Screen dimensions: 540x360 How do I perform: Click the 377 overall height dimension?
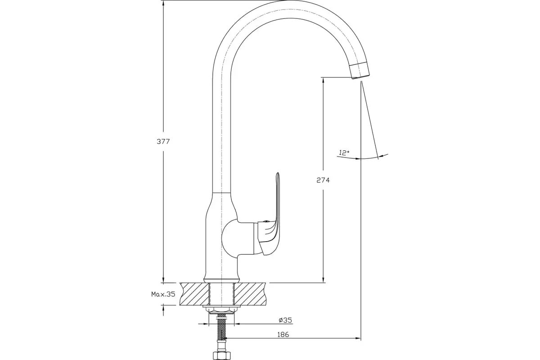coord(163,142)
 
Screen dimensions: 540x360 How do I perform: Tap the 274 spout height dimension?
coord(323,180)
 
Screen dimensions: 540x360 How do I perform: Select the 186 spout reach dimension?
coord(283,334)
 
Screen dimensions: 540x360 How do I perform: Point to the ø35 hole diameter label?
coord(285,320)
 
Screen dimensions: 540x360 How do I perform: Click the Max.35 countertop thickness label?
coord(163,294)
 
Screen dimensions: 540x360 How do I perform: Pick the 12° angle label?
coord(345,153)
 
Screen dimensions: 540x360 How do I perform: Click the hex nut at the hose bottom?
coord(222,355)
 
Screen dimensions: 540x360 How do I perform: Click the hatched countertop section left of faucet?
coord(194,294)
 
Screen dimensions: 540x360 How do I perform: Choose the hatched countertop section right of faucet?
coord(250,294)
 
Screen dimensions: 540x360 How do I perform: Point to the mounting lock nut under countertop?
coord(222,310)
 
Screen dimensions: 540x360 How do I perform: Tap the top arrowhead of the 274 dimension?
coord(323,81)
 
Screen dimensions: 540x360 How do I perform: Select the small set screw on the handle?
coord(266,221)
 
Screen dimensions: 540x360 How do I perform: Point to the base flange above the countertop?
coord(222,280)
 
